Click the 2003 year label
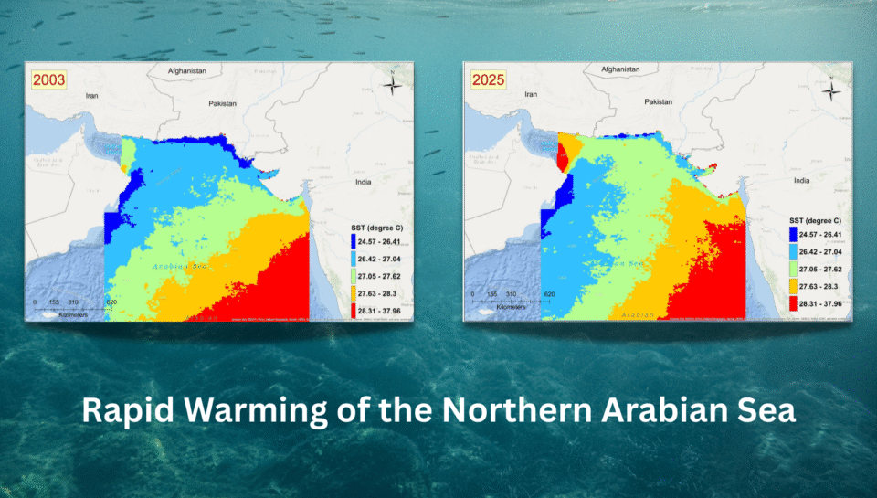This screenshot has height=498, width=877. (x=49, y=79)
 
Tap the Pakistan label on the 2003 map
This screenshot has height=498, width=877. (x=222, y=103)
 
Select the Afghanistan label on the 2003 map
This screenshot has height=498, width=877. (x=187, y=70)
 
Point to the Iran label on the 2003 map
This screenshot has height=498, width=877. (x=91, y=95)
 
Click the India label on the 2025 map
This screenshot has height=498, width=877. (x=802, y=181)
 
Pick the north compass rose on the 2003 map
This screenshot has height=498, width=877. (x=391, y=86)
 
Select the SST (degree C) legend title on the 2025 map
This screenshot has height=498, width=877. (x=815, y=221)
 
